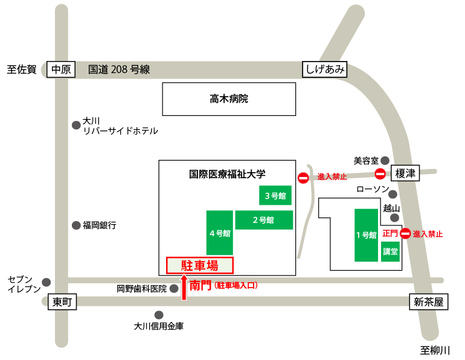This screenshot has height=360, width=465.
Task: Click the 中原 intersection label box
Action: click(61, 69)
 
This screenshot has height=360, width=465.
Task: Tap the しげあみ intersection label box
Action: click(325, 69)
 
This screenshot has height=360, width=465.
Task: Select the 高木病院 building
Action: click(229, 99)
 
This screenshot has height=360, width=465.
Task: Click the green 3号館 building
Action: click(275, 196)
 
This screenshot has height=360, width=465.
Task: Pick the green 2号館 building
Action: click(264, 220)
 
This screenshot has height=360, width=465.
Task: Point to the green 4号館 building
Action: click(220, 233)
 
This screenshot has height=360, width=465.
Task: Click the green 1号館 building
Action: click(366, 235)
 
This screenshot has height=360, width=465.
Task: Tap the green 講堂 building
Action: click(390, 251)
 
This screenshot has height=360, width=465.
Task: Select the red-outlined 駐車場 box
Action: click(200, 265)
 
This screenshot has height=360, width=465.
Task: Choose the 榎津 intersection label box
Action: click(405, 173)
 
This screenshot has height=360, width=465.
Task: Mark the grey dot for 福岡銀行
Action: click(76, 225)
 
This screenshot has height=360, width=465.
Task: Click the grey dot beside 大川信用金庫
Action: click(159, 315)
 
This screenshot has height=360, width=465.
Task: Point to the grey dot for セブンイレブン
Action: click(46, 283)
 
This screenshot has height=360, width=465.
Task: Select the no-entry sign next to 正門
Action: click(406, 234)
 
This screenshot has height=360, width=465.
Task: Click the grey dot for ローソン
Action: click(393, 194)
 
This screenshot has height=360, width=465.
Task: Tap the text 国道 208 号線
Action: click(119, 69)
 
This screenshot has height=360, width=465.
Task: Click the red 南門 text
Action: click(200, 286)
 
